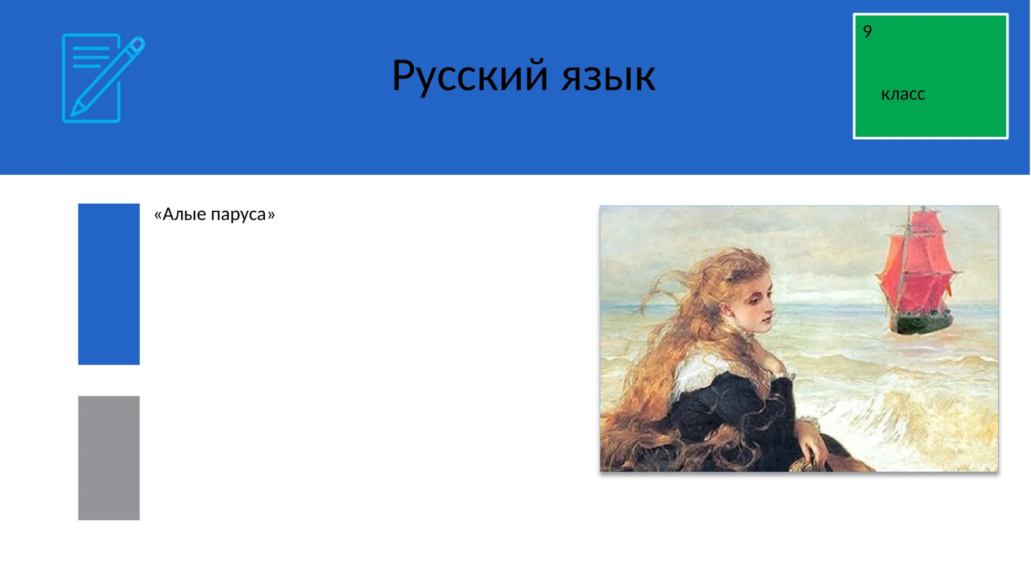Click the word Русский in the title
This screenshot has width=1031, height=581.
(x=470, y=76)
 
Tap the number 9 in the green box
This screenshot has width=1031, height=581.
(x=867, y=32)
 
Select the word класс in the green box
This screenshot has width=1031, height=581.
(x=902, y=94)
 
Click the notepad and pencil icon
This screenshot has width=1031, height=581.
(x=102, y=78)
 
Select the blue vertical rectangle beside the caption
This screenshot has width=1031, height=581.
(x=109, y=284)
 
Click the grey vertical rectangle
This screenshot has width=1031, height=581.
(x=109, y=458)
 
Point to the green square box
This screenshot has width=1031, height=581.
(x=930, y=76)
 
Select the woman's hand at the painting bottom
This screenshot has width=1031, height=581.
(x=813, y=445)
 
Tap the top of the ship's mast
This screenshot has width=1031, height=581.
(x=923, y=208)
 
